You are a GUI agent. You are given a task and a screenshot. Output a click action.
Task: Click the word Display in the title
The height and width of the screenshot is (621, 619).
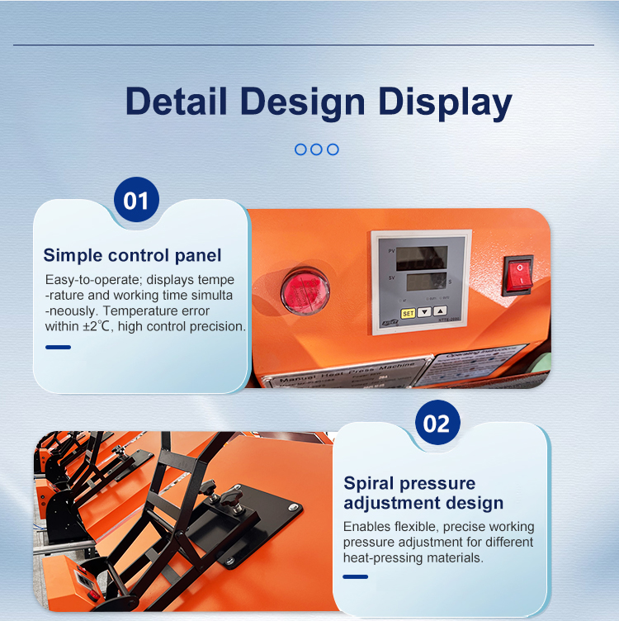click(445, 102)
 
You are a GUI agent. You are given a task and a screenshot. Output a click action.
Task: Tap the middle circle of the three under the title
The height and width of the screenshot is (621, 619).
click(316, 149)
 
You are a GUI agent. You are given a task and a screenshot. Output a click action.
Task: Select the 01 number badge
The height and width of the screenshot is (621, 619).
click(136, 201)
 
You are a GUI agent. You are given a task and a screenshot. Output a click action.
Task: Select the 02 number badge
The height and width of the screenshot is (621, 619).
click(437, 424)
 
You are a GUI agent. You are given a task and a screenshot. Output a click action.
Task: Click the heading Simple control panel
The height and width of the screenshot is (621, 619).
click(132, 255)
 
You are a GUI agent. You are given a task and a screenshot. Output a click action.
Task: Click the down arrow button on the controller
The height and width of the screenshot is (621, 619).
click(424, 313)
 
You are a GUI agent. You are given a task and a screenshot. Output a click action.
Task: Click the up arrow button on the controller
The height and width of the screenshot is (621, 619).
click(440, 313)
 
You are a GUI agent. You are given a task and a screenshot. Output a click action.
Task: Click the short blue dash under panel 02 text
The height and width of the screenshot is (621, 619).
click(355, 576)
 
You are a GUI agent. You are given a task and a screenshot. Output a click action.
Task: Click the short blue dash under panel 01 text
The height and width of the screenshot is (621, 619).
click(58, 347)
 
